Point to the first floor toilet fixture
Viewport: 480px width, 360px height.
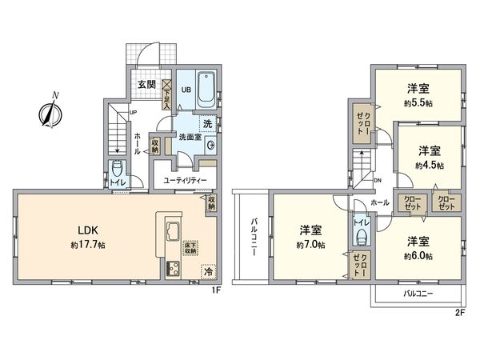click(118, 170)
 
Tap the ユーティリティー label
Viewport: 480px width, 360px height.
click(186, 181)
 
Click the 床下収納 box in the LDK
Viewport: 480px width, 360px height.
click(190, 249)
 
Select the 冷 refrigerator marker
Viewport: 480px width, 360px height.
click(207, 271)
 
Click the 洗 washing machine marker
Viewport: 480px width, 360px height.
click(206, 124)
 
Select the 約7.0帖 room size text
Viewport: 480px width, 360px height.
click(310, 245)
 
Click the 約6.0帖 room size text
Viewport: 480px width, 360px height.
click(418, 256)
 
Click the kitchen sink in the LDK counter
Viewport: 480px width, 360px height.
click(173, 233)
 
